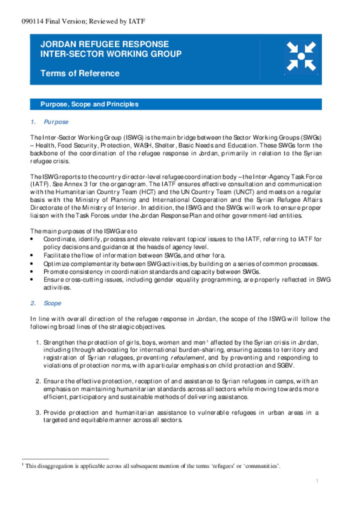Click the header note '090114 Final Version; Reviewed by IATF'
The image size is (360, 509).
point(83,21)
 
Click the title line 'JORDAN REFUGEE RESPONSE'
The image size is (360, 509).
point(104,44)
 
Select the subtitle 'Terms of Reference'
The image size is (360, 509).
point(80,73)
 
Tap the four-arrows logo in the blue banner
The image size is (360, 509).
point(301,56)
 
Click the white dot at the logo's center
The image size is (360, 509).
point(301,56)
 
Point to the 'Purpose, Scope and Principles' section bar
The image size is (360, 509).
point(175,104)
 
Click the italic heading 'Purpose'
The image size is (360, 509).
point(56,122)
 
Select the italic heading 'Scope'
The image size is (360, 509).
point(52,303)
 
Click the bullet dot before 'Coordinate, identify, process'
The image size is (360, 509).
point(32,239)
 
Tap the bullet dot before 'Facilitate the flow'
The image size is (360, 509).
point(32,256)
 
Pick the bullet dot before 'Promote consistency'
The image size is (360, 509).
point(32,272)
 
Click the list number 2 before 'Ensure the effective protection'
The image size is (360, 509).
point(38,381)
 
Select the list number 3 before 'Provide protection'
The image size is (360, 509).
point(38,412)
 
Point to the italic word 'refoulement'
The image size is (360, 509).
point(187,358)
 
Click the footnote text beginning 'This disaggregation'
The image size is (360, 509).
point(153,466)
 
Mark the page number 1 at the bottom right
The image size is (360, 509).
point(317,481)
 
